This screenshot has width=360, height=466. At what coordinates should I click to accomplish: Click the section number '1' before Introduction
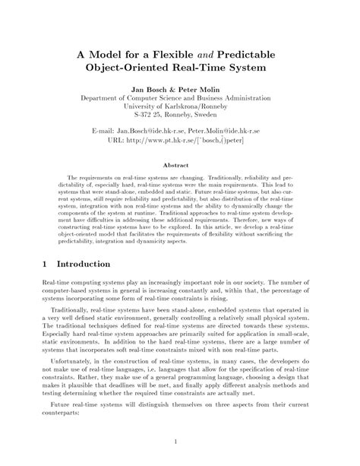click(x=25, y=264)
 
